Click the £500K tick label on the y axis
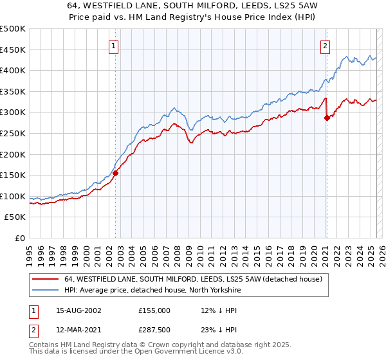tap(13, 29)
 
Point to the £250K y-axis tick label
tap(13, 133)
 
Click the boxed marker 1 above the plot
tap(113, 46)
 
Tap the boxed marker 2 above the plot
tap(326, 46)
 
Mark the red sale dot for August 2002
tap(116, 173)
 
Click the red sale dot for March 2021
tap(327, 118)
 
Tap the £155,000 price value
tap(154, 310)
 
